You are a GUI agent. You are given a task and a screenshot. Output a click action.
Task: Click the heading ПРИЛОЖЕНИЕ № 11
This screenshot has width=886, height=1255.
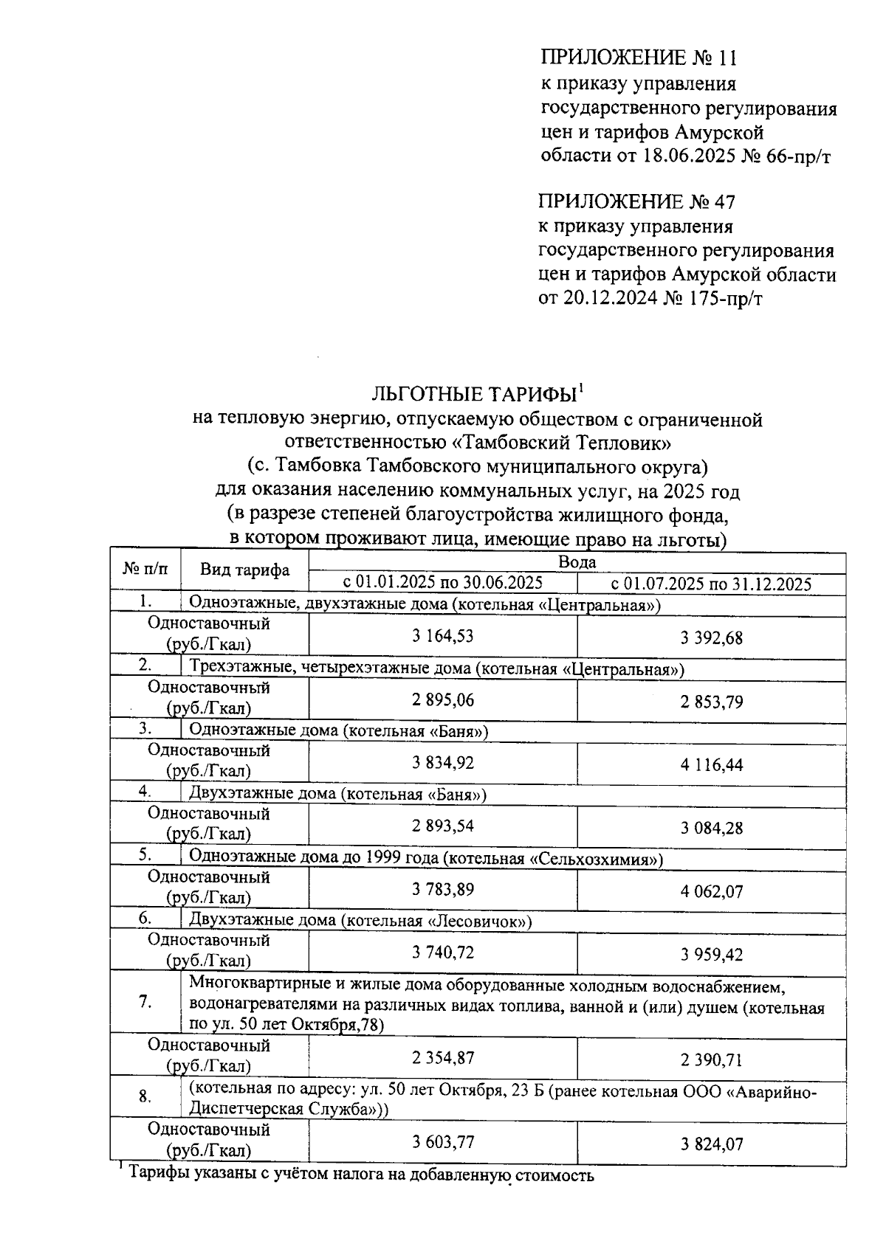point(639,58)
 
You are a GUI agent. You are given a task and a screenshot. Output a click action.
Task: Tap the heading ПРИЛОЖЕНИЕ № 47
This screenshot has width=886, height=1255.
point(636,201)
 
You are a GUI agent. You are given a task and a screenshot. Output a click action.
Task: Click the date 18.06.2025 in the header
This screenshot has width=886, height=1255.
point(679,157)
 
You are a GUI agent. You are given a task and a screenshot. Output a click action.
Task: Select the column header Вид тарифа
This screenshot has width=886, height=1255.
point(244,570)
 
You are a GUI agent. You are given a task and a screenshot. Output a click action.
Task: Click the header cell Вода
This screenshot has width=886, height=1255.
point(577,562)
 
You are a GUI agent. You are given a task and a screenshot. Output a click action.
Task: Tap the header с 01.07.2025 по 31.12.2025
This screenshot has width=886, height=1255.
point(711,584)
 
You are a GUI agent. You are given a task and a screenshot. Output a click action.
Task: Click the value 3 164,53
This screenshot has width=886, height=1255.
point(443,636)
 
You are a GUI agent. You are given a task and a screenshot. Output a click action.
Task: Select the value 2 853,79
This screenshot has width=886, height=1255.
point(711,702)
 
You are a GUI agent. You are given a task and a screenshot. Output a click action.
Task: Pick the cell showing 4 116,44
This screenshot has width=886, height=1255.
point(711,765)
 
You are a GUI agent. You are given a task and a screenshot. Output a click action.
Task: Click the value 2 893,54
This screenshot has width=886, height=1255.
point(443,826)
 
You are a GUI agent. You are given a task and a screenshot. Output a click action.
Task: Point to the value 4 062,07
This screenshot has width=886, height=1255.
point(711,892)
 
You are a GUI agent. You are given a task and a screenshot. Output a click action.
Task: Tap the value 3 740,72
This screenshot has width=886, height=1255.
point(443,953)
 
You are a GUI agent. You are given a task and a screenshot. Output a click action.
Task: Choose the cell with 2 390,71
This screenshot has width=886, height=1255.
point(711,1060)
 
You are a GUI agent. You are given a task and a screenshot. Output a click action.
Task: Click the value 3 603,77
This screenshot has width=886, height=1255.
point(443,1142)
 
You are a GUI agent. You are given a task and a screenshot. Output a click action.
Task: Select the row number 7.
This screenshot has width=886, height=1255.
point(145,1002)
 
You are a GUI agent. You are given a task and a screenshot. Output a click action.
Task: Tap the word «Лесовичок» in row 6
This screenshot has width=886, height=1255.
point(480,922)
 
